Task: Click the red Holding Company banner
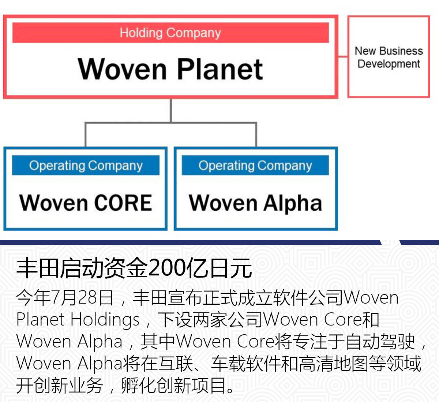coord(170,33)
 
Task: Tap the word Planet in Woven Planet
coord(220,69)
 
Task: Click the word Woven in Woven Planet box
coord(122,69)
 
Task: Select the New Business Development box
coord(389,57)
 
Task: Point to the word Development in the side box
coord(389,64)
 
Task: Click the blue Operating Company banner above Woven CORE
coord(86,165)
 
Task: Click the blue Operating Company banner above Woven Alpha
coord(255,165)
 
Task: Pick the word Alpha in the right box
coord(292,203)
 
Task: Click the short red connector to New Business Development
coord(343,57)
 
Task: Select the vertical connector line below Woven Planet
coord(171,110)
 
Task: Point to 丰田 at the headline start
coord(38,268)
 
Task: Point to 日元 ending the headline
coord(230,268)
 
